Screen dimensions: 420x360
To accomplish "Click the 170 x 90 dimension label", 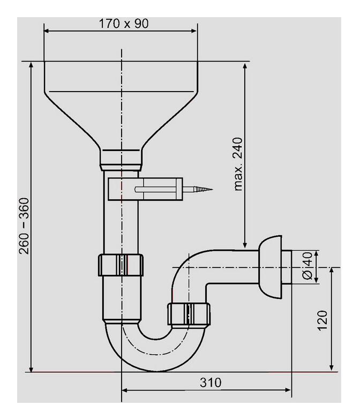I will [x=124, y=24].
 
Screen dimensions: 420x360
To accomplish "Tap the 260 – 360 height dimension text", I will [x=24, y=226].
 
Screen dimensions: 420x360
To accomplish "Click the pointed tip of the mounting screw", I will [x=209, y=189].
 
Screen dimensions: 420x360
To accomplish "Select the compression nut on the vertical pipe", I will [x=122, y=264].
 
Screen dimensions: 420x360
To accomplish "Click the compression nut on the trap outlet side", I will [x=189, y=314].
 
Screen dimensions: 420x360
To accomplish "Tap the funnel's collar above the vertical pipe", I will [x=122, y=157].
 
